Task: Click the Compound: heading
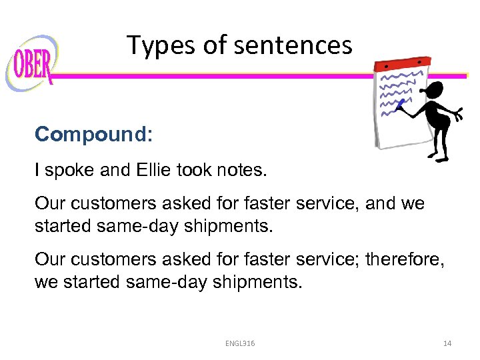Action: click(94, 134)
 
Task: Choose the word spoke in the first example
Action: click(69, 171)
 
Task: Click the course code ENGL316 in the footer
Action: click(241, 343)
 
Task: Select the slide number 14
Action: click(447, 343)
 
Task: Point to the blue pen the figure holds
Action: click(400, 104)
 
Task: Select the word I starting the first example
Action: click(38, 171)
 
